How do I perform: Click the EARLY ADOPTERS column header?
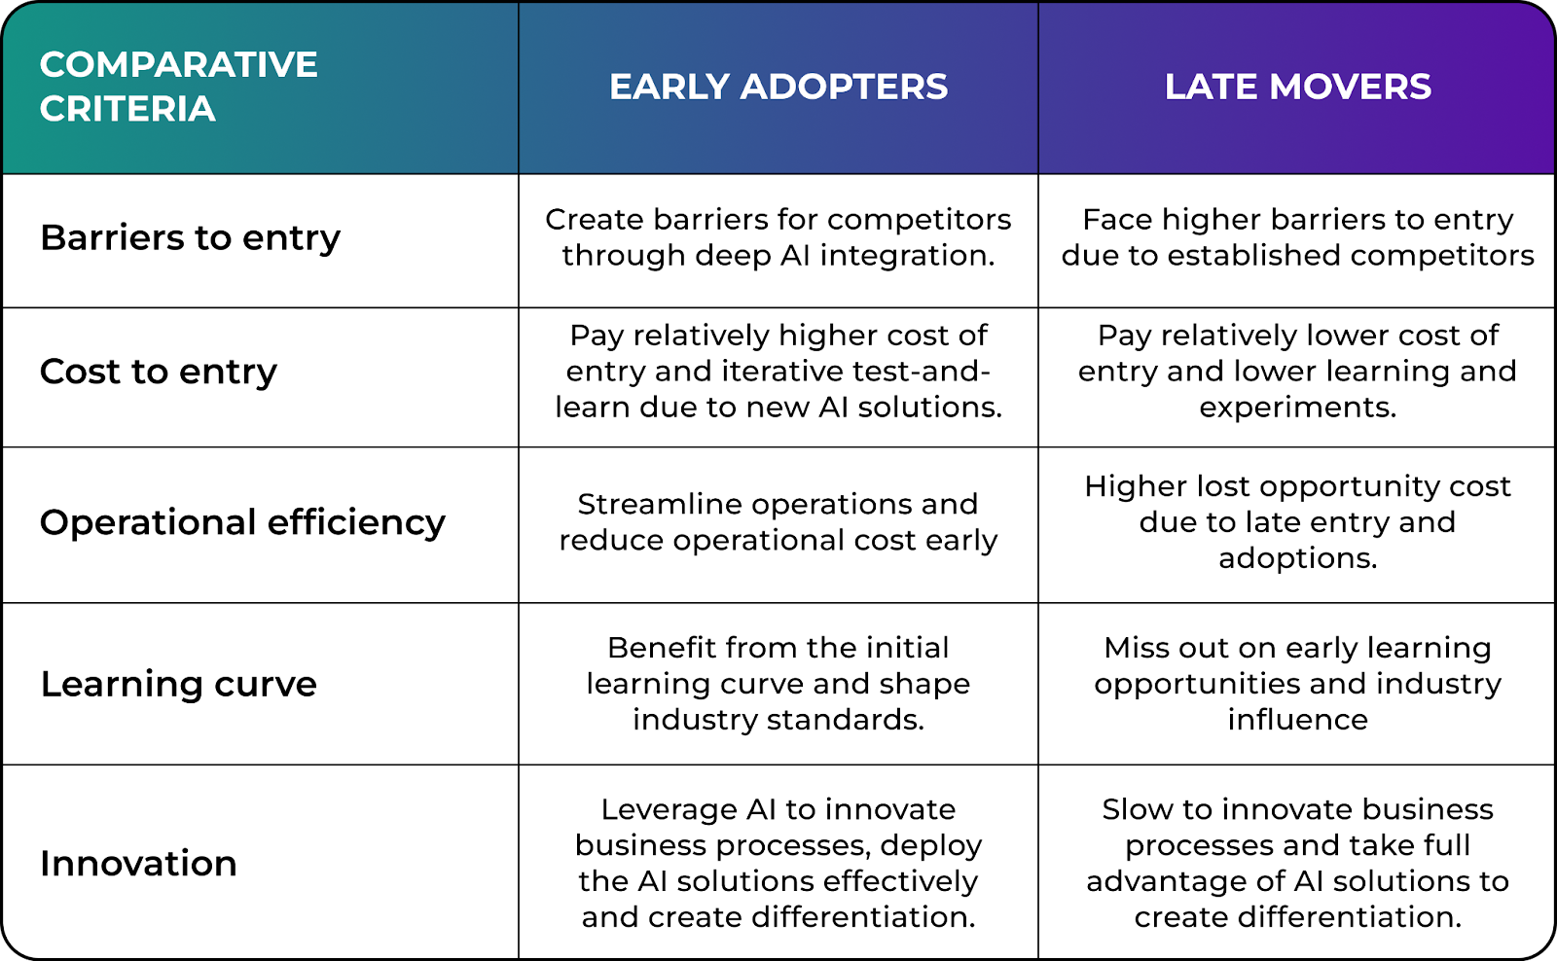point(778,87)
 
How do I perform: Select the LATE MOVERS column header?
point(1298,87)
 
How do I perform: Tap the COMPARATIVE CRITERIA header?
point(179,87)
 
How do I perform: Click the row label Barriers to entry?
point(191,238)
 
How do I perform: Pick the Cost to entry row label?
point(159,372)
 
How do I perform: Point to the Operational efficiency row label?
point(242,522)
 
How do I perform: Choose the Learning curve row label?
point(179,684)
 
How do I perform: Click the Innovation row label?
point(138,863)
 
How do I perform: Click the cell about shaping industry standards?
point(778,684)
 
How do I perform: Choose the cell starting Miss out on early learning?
point(1298,684)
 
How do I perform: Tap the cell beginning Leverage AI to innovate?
point(778,863)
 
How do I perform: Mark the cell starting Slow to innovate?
point(1298,863)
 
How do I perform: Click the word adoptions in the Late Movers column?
point(1298,558)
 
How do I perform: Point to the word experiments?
point(1298,408)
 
